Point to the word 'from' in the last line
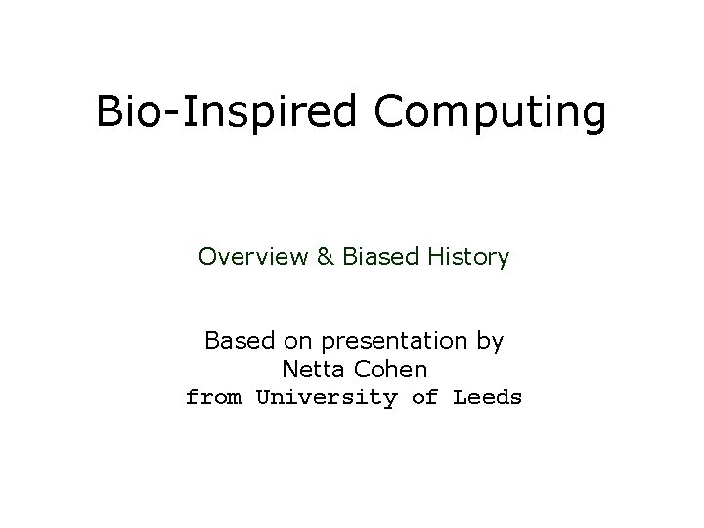coord(214,398)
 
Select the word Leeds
coord(487,398)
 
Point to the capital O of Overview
coord(206,257)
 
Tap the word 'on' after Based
coord(295,342)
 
